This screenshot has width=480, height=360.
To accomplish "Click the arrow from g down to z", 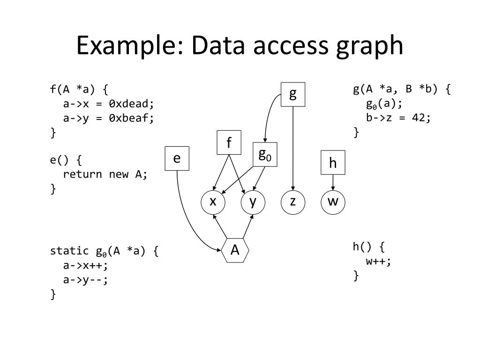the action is pyautogui.click(x=293, y=149).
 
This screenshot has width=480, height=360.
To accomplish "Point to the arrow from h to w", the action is pyautogui.click(x=333, y=182).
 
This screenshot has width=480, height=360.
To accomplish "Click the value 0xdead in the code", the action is pyautogui.click(x=131, y=104).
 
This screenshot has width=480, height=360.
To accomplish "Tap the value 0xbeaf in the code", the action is pyautogui.click(x=131, y=118).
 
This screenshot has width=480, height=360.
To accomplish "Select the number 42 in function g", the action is pyautogui.click(x=419, y=118).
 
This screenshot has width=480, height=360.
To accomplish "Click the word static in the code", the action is pyautogui.click(x=69, y=251).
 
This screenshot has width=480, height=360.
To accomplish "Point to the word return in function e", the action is pyautogui.click(x=82, y=174).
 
